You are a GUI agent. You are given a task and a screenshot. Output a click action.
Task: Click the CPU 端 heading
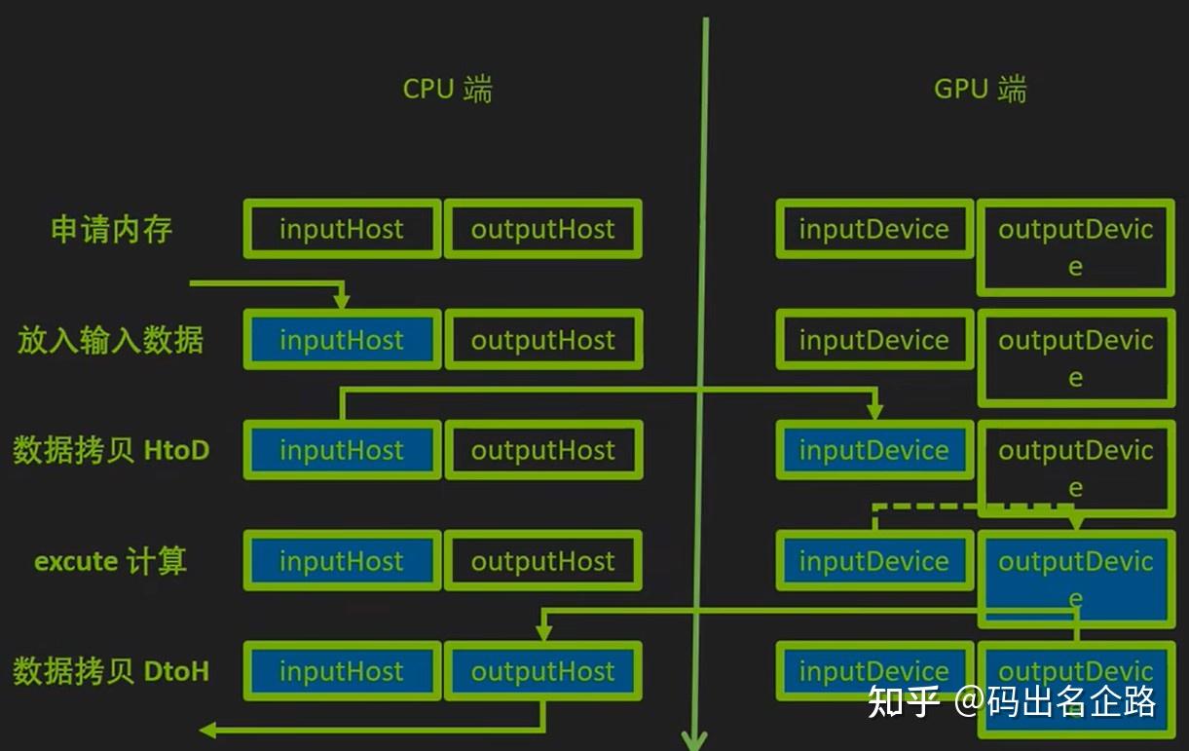(x=447, y=90)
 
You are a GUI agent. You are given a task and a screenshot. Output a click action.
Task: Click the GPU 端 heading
(x=980, y=90)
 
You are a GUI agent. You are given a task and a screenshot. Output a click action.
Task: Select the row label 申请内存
(x=111, y=230)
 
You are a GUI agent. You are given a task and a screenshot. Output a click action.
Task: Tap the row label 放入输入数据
(x=110, y=340)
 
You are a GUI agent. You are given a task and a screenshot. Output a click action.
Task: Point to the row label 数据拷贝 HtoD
(x=111, y=450)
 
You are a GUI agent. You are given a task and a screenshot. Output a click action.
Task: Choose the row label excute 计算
(x=111, y=561)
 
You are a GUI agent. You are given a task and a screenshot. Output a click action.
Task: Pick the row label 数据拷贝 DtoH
(x=111, y=671)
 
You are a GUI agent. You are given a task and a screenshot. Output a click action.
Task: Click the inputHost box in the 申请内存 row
(x=342, y=230)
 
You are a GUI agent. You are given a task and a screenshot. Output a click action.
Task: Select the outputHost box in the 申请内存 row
(x=543, y=230)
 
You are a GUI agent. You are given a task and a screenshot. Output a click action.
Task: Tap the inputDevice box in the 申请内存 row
(x=874, y=230)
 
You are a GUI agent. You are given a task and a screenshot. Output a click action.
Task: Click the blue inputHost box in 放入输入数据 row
(x=342, y=340)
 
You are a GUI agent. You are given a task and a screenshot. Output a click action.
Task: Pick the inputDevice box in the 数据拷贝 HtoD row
(x=874, y=450)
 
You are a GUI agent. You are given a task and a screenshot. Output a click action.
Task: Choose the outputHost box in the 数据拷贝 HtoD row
(x=543, y=450)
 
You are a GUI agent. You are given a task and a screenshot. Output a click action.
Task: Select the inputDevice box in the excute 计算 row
(x=874, y=561)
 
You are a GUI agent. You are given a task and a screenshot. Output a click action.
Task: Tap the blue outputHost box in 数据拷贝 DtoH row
(x=543, y=671)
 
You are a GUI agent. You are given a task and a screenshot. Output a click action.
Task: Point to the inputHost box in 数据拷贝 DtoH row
(x=342, y=671)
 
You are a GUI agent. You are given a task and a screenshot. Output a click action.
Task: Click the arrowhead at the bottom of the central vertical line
(x=693, y=740)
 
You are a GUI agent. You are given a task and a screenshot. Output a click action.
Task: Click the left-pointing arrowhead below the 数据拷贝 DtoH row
(x=207, y=730)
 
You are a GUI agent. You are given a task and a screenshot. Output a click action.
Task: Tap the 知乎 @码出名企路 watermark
(x=1013, y=700)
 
